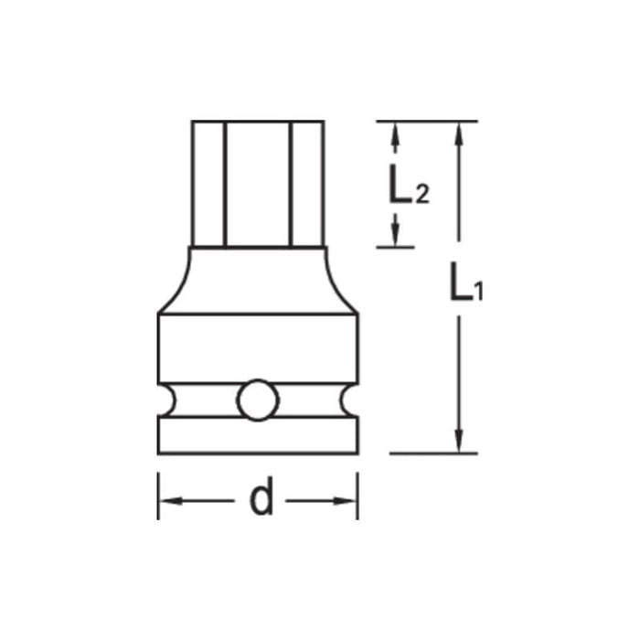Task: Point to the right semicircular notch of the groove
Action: coord(348,400)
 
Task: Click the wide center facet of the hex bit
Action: coord(257,183)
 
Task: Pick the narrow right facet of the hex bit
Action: coord(307,183)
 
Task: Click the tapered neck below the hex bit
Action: coord(257,280)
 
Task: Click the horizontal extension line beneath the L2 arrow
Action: coord(395,247)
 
